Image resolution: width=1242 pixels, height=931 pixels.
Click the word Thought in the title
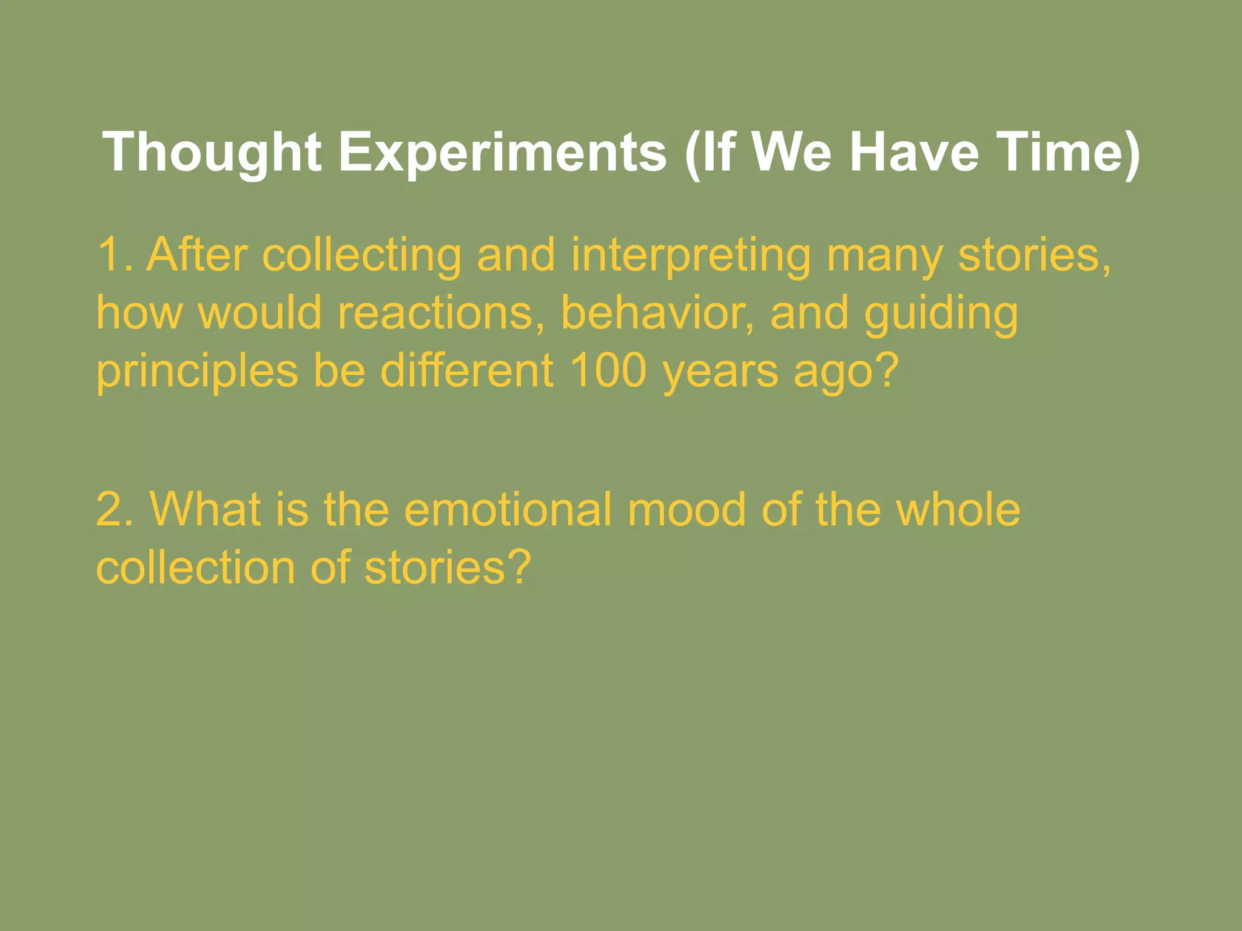click(x=212, y=153)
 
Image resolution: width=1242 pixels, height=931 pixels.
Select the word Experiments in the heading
click(x=502, y=153)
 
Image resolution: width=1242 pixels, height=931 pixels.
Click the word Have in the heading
click(x=914, y=153)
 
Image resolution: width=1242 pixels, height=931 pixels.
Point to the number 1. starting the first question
click(x=115, y=255)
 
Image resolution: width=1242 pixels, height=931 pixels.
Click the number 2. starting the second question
click(x=115, y=509)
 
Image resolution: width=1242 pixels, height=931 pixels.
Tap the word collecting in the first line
click(x=361, y=255)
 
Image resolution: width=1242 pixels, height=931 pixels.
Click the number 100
click(x=608, y=371)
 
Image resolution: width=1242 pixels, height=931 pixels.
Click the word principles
click(x=197, y=372)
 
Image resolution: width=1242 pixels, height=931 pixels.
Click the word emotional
click(x=508, y=509)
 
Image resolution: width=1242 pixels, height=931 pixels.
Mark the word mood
click(x=686, y=509)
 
